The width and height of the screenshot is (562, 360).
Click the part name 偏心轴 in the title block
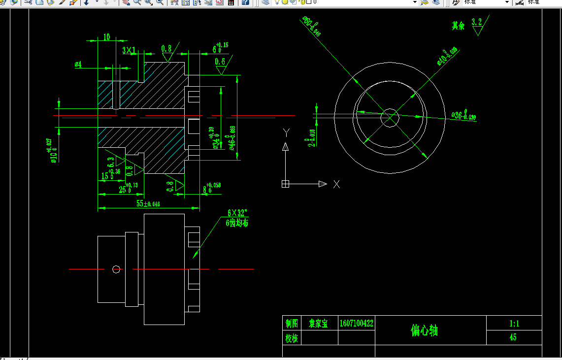[424, 330]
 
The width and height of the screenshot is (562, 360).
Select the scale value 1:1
[514, 324]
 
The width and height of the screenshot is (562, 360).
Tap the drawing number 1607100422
[356, 324]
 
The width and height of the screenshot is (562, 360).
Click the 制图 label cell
[292, 324]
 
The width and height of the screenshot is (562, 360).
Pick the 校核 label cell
[292, 338]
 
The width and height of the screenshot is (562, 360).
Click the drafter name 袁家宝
[318, 324]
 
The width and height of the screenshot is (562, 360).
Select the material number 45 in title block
[513, 338]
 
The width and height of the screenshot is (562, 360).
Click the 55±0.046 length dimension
[148, 203]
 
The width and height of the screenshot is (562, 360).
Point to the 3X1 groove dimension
[129, 50]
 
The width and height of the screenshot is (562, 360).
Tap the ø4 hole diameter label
[78, 65]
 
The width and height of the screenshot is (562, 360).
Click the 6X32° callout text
[237, 213]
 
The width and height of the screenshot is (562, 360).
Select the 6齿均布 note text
[237, 223]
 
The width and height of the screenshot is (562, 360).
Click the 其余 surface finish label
[459, 26]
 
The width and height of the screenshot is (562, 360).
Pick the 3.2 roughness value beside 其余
[476, 22]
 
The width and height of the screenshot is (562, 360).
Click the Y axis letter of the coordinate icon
[286, 132]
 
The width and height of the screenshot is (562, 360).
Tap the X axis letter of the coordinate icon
[336, 184]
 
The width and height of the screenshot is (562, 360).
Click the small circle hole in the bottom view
[116, 269]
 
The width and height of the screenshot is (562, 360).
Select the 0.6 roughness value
[220, 62]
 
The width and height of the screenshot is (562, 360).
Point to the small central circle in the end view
[390, 118]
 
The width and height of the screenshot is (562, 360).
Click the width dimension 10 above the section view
[106, 37]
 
